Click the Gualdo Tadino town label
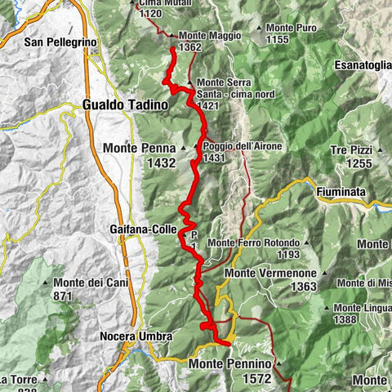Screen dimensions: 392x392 click(x=125, y=105)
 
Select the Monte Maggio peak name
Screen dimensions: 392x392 click(x=201, y=36)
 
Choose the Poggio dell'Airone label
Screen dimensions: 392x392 click(x=237, y=147)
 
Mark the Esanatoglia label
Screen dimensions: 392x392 click(x=363, y=65)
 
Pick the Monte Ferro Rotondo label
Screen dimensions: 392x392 click(x=254, y=243)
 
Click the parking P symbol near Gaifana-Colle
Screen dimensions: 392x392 click(x=194, y=236)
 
